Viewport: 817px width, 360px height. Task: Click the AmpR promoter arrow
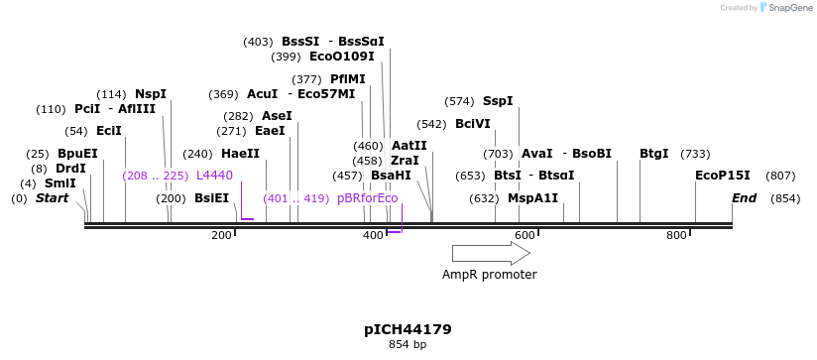(x=490, y=253)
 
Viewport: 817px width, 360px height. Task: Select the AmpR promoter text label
(x=490, y=275)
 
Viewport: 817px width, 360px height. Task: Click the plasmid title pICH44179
(x=408, y=329)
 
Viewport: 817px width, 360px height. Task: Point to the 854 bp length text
(x=408, y=345)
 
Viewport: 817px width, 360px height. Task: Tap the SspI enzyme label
(x=498, y=101)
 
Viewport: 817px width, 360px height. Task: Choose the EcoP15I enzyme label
(x=723, y=176)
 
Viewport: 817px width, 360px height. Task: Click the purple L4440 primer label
(x=214, y=176)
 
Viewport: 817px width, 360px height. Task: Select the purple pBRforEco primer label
(x=367, y=198)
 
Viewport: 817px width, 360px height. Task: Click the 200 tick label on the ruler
(x=221, y=235)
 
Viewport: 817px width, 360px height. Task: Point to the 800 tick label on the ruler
(x=676, y=235)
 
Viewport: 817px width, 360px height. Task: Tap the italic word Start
(x=53, y=198)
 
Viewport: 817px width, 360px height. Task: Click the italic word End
(x=744, y=198)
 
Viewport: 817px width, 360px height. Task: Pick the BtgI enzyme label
(x=654, y=154)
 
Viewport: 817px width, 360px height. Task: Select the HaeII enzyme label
(x=241, y=154)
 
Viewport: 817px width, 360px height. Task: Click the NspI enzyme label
(x=151, y=94)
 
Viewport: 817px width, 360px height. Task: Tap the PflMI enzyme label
(x=348, y=79)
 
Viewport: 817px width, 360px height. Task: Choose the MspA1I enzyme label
(x=532, y=198)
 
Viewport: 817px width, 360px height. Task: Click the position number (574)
(x=459, y=101)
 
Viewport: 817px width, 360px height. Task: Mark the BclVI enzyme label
(x=473, y=124)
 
